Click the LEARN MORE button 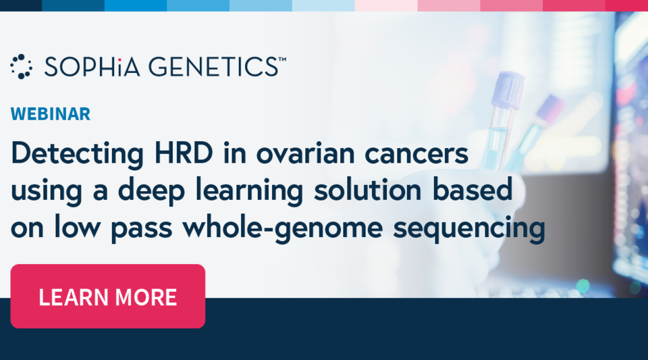tap(108, 296)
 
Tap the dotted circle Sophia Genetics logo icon tap(22, 66)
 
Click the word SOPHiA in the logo tap(90, 66)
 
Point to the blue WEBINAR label tap(51, 113)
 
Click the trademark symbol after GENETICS tap(282, 59)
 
